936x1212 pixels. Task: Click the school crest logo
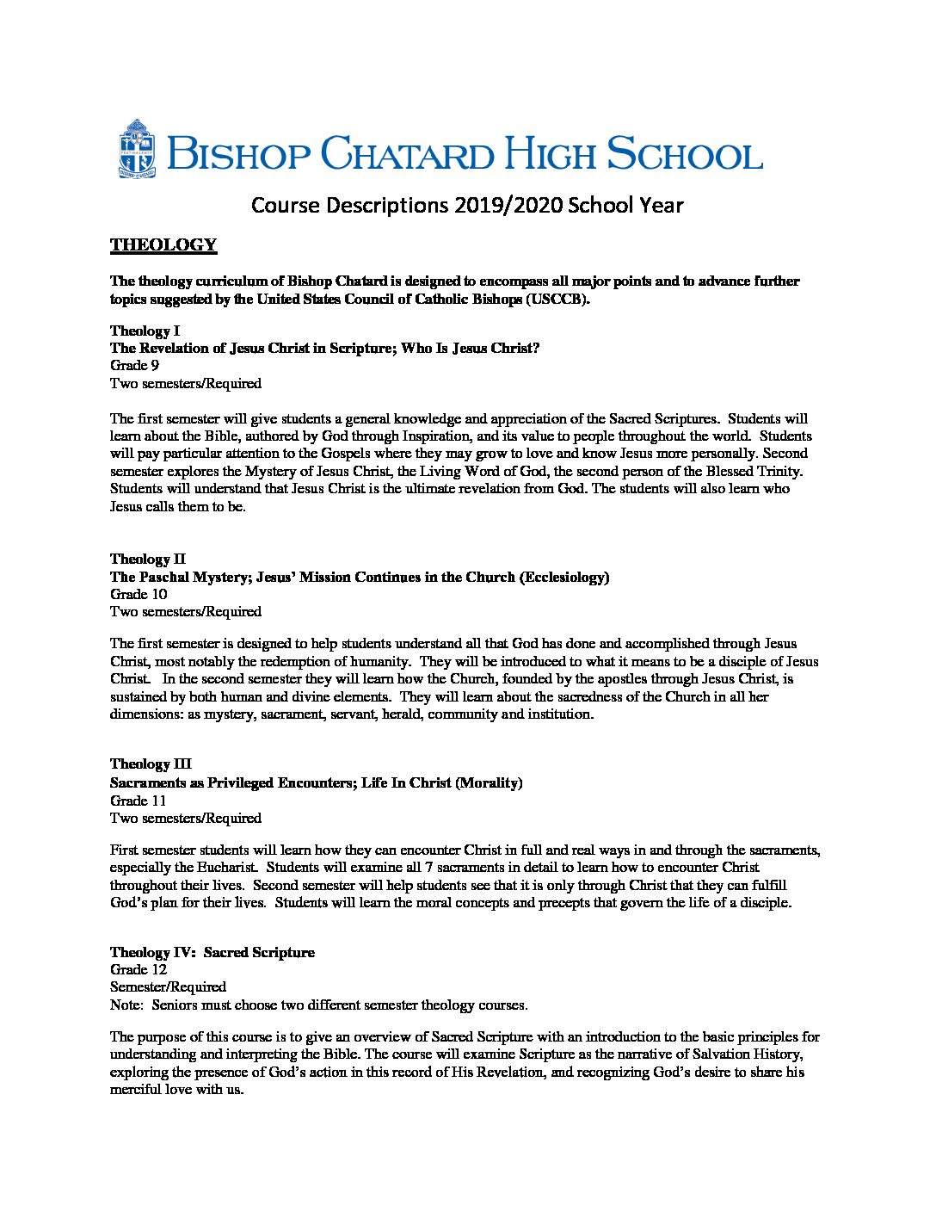click(x=137, y=149)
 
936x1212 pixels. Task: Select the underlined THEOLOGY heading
click(x=163, y=245)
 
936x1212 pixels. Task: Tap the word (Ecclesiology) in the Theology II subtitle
click(x=563, y=577)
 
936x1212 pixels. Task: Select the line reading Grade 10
click(x=139, y=594)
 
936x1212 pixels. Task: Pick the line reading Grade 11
click(x=138, y=800)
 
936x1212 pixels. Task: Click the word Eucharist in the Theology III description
click(x=215, y=868)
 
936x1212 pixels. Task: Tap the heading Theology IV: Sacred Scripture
click(x=212, y=952)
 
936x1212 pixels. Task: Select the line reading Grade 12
click(x=138, y=969)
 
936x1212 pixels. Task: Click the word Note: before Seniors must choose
click(x=126, y=1005)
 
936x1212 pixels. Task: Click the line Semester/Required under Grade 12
click(x=168, y=986)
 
